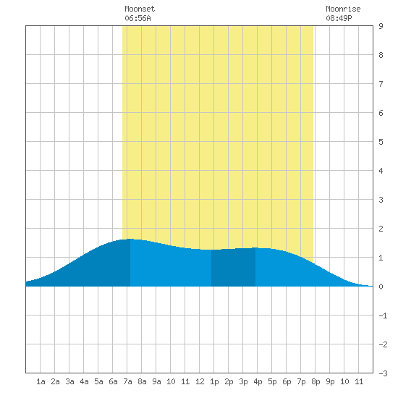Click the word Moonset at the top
click(140, 9)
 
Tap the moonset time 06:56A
click(137, 18)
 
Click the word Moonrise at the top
click(343, 9)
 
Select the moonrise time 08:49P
click(339, 18)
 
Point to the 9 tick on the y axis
click(381, 26)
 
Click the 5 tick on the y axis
click(381, 142)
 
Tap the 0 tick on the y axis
click(381, 287)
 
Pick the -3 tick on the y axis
click(383, 373)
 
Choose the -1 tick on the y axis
click(383, 316)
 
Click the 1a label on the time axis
click(41, 381)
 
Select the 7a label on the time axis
click(127, 381)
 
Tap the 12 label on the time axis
click(200, 381)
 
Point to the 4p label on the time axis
click(258, 381)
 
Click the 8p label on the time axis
click(316, 381)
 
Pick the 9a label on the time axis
click(156, 381)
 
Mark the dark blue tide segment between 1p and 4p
click(233, 268)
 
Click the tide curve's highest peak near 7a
click(130, 239)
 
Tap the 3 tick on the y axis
click(381, 200)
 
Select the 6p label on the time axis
click(287, 381)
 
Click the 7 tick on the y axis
click(381, 84)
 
